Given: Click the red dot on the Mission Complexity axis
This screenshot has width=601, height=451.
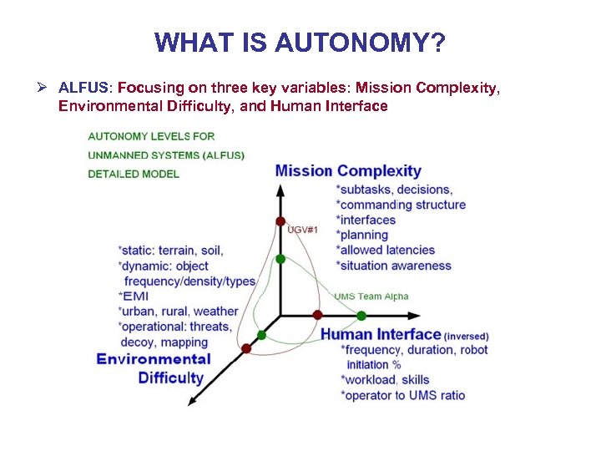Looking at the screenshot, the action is (280, 221).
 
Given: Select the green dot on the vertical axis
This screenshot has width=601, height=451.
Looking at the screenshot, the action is (280, 259).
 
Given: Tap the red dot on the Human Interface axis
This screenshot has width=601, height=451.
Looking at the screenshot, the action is (317, 315).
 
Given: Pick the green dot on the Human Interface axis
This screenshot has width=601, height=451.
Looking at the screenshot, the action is (361, 316).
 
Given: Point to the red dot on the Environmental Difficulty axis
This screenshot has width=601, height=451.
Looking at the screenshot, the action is (245, 347).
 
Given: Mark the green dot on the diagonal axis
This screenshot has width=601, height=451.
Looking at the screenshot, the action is (261, 335).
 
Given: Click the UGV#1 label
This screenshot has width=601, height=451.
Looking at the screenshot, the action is (302, 229).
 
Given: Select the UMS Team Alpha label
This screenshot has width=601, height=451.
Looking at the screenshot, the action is (371, 296).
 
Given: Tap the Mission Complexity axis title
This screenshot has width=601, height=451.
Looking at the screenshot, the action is (348, 171).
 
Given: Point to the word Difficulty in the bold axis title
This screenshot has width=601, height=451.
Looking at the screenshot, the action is (171, 378).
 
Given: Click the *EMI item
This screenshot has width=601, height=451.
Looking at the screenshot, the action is (134, 296).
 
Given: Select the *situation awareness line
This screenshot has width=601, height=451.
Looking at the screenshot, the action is (393, 266).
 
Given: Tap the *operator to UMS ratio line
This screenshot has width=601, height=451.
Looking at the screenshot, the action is (402, 395).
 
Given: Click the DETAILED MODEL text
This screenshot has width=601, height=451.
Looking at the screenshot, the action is (133, 174).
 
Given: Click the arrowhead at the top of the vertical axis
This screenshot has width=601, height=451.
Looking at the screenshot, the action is (280, 188).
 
